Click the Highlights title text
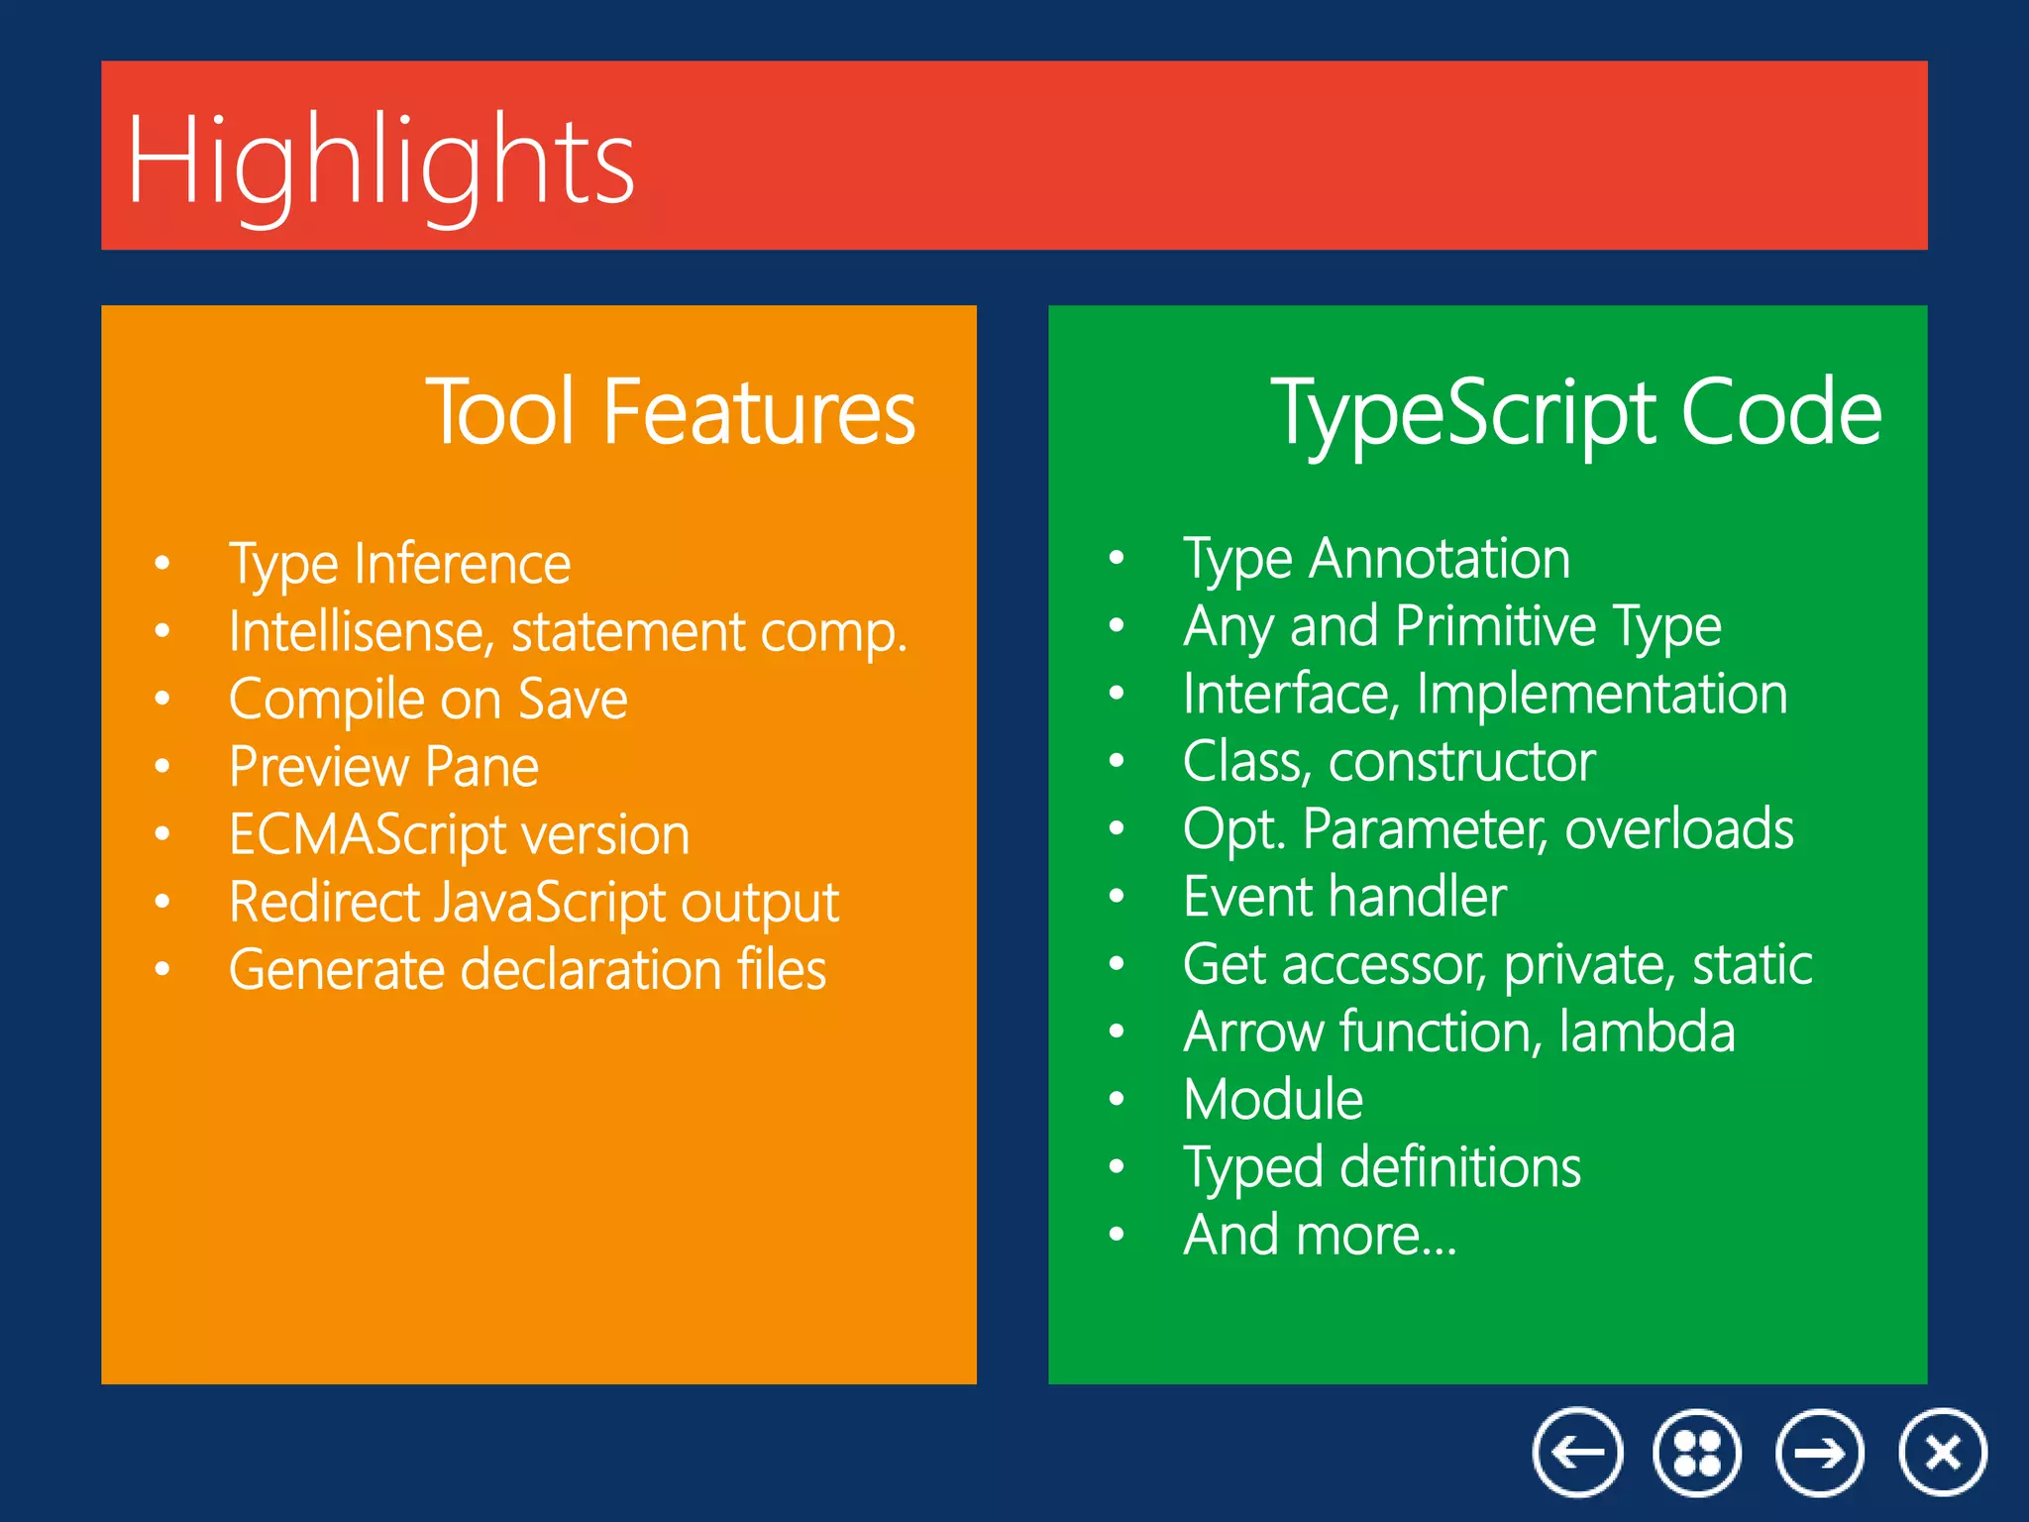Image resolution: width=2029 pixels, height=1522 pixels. coord(380,162)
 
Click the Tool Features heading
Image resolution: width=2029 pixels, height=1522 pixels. coord(671,411)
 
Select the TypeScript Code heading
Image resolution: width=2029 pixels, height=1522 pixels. coord(1575,411)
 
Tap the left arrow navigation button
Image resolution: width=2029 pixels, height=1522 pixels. coord(1577,1453)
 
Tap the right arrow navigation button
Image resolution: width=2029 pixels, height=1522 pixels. coord(1819,1453)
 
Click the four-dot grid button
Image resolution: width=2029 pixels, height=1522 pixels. coord(1697,1453)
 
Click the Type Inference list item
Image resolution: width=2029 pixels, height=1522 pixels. coord(399,565)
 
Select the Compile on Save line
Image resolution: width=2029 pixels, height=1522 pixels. coord(428,700)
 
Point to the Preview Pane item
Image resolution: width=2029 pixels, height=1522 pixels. coord(383,767)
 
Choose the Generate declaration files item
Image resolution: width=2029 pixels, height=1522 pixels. coord(527,970)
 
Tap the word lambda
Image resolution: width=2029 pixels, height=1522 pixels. coord(1647,1033)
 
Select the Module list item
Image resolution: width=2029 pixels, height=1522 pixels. coord(1273,1100)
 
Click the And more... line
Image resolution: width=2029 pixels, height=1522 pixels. coord(1320,1236)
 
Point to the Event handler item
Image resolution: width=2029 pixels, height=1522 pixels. coord(1344,898)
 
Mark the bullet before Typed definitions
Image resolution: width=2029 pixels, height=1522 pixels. coord(1117,1167)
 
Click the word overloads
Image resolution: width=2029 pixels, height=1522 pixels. coord(1679,829)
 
